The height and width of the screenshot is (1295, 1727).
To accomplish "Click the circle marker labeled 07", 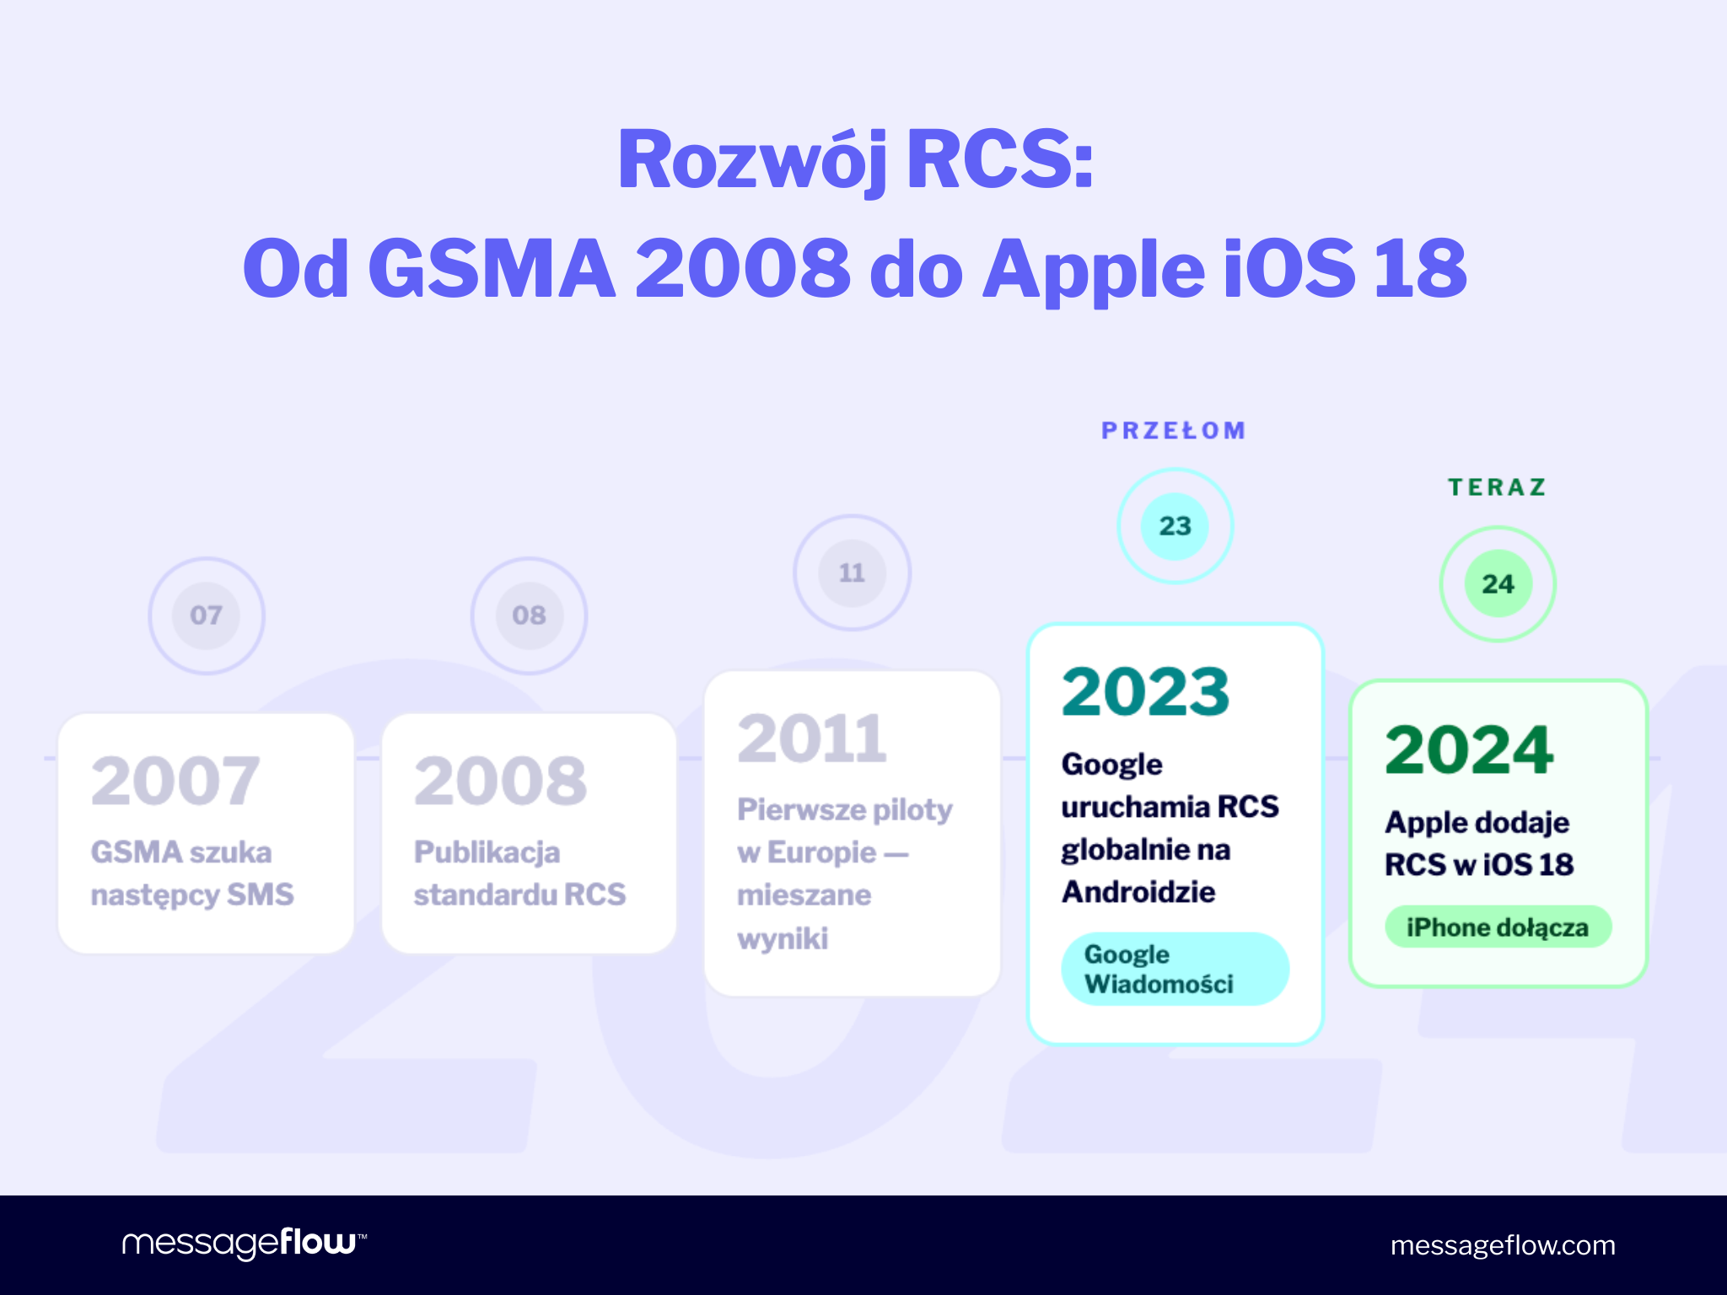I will coord(207,615).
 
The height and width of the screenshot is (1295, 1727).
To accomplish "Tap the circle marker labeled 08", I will coord(529,615).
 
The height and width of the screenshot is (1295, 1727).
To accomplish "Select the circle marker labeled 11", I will coord(852,573).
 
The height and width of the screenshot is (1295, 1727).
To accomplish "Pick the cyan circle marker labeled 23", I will coord(1175,526).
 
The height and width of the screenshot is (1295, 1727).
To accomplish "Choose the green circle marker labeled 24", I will coord(1498,583).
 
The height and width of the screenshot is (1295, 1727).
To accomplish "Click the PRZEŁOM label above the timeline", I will coord(1174,431).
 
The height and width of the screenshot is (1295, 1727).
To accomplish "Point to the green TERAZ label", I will coord(1498,487).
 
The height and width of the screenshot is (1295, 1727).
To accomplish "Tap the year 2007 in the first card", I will coord(175,781).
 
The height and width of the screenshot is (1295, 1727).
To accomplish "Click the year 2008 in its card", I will coord(500,781).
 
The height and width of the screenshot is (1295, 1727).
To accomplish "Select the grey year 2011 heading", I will coord(812,739).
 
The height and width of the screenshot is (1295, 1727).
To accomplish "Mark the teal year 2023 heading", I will coord(1145,692).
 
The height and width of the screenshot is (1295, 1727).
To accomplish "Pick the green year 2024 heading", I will coord(1469,750).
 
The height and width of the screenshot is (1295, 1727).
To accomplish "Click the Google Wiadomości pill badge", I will coord(1175,969).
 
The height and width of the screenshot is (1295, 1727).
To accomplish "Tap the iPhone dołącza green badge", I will coord(1498,927).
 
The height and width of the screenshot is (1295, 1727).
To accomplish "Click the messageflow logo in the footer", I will coord(244,1244).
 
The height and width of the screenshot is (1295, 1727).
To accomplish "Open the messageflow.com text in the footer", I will coord(1503,1245).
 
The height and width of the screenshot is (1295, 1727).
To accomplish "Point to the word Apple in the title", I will coord(1094,270).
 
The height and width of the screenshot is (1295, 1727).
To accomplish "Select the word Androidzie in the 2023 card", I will coord(1138,892).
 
